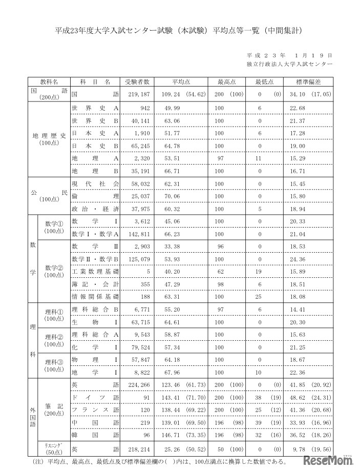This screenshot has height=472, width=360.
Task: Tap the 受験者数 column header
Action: tap(137, 81)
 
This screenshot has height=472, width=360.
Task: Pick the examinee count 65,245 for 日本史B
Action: tap(138, 146)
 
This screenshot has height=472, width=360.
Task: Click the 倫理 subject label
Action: tap(95, 196)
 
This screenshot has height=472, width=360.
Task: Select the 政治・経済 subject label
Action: tap(95, 209)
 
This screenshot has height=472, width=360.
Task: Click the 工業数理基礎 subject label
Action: tap(95, 271)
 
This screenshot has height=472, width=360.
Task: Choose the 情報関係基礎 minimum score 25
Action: tap(260, 296)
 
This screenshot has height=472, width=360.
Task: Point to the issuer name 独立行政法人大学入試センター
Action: tap(289, 64)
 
